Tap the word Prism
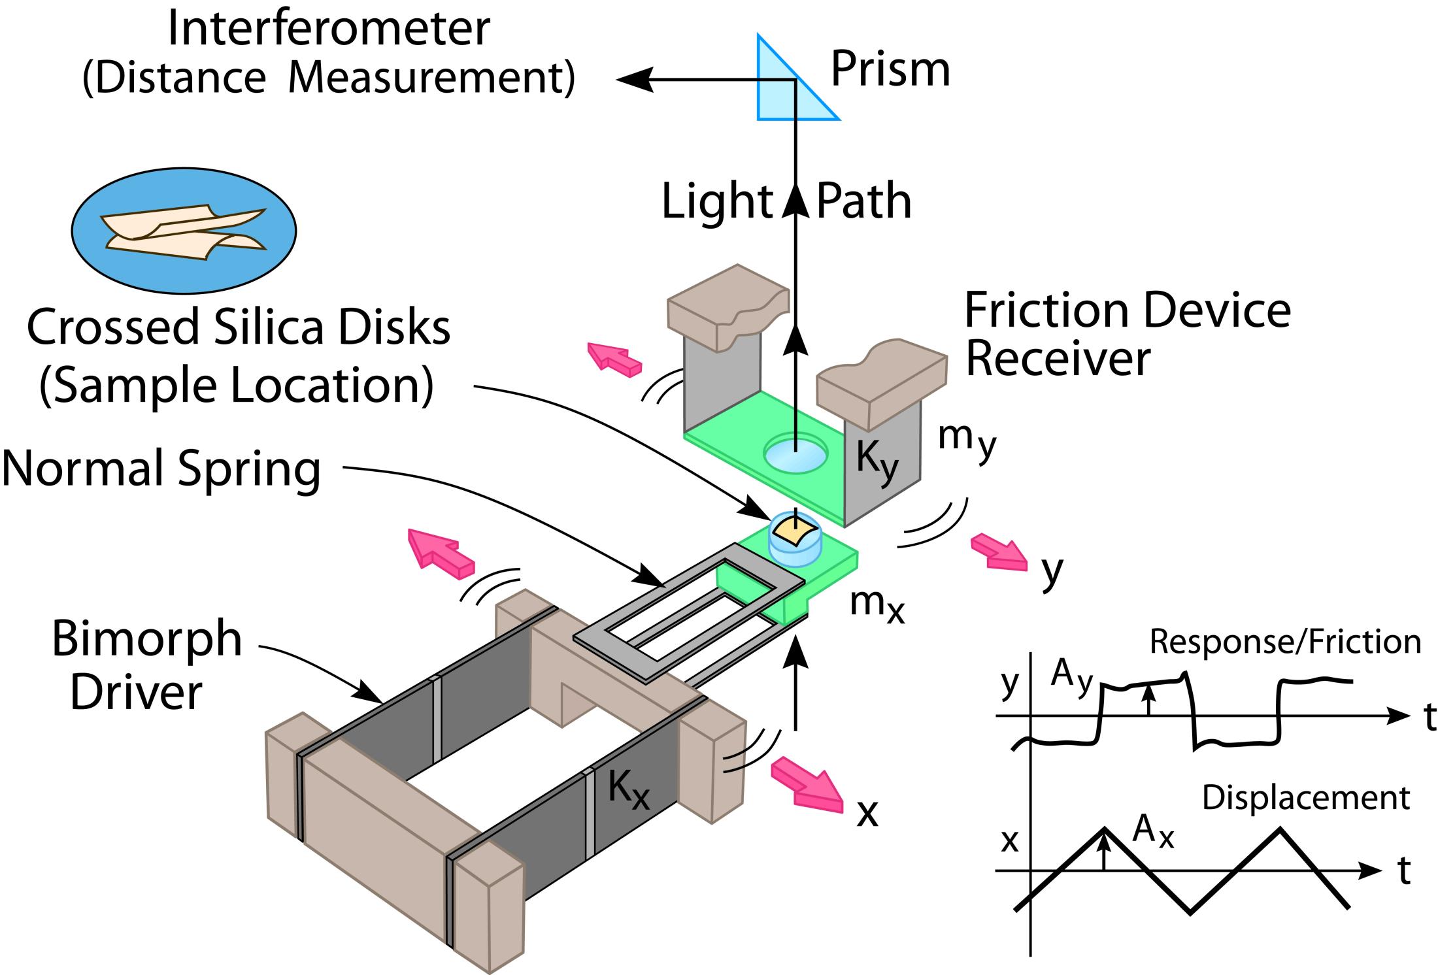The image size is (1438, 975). [890, 71]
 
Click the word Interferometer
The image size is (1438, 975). [329, 29]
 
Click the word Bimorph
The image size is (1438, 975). [147, 639]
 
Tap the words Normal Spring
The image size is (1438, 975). [161, 469]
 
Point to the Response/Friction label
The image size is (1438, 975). [1285, 642]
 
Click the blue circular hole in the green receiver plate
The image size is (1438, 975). [795, 453]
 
